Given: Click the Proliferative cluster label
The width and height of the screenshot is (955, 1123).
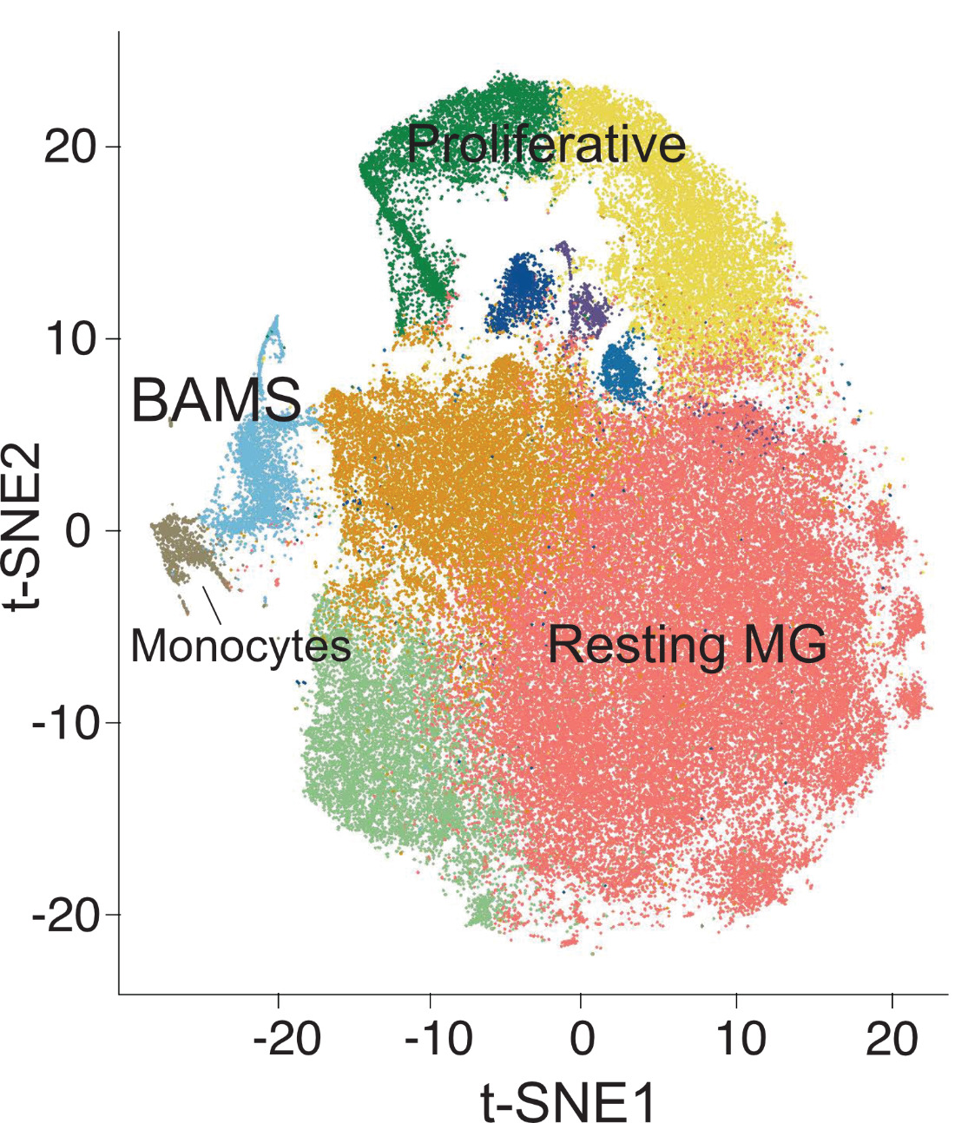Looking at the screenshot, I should coord(546,143).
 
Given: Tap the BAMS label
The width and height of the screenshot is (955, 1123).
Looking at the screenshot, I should coord(216,401).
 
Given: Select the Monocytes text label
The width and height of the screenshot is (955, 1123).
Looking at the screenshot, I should coord(240,646).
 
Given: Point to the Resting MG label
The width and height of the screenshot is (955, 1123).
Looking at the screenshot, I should coord(687,645).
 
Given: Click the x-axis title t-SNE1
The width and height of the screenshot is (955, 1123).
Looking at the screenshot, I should coord(568,1100).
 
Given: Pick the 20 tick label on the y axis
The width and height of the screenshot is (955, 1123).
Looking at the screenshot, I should coord(70,148).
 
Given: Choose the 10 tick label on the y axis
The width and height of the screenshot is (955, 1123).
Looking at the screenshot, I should coord(70,339).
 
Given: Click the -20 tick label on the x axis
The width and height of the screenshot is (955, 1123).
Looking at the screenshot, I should coord(286,1038).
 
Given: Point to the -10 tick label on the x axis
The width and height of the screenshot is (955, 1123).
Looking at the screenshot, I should coord(439,1038).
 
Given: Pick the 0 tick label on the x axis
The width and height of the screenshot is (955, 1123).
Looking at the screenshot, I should coord(583,1038).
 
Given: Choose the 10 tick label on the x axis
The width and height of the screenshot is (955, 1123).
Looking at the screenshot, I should coord(740,1038).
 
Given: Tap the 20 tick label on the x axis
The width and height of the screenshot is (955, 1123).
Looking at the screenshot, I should coord(892,1038).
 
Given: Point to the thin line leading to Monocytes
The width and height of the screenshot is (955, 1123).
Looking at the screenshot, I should coord(212,605).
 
